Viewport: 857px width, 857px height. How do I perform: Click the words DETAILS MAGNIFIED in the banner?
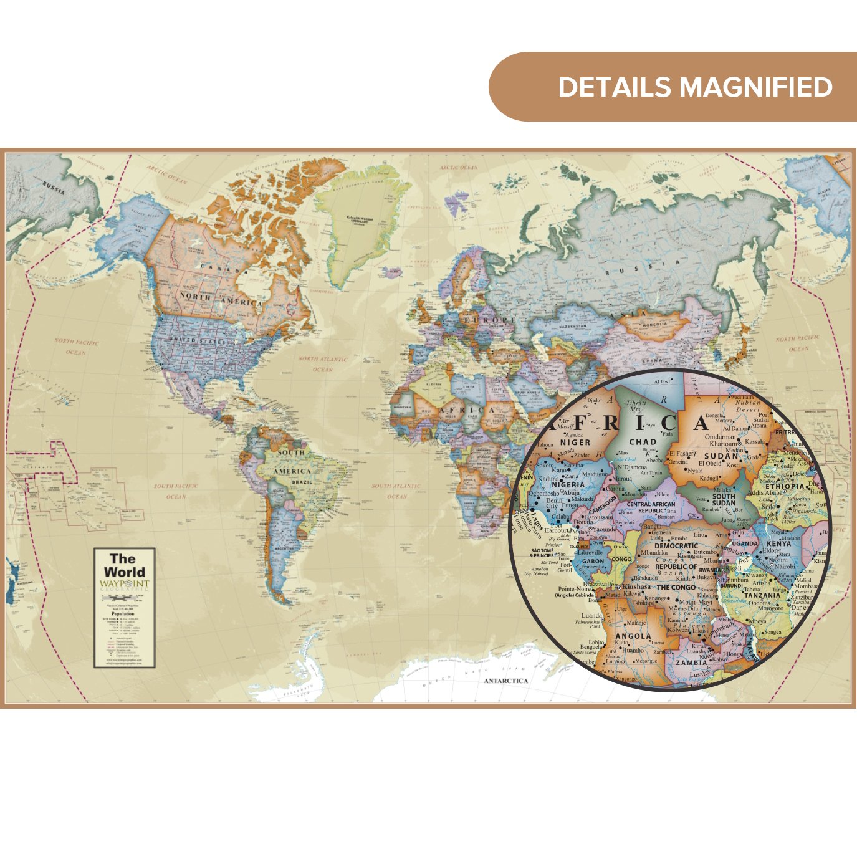[x=695, y=87]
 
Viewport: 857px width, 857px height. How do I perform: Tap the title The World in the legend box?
[x=125, y=565]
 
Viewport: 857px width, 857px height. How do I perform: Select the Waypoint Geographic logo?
[x=125, y=585]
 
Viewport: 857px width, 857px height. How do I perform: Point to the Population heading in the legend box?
[x=123, y=614]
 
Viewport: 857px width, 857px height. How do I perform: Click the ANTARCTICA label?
[x=505, y=681]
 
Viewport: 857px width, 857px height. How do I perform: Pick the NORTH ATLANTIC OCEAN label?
[x=322, y=364]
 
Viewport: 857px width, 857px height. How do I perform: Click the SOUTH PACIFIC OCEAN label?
[x=176, y=491]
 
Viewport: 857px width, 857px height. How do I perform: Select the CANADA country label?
[x=223, y=269]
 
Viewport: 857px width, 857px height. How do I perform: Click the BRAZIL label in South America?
[x=302, y=482]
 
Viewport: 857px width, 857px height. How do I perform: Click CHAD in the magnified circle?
[x=643, y=442]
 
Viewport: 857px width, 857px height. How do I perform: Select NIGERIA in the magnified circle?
[x=568, y=484]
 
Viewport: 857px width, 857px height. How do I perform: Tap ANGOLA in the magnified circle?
[x=633, y=636]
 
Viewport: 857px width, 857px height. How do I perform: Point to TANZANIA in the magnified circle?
[x=762, y=595]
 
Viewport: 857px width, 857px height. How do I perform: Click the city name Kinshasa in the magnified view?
[x=636, y=586]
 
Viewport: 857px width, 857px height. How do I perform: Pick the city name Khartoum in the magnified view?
[x=724, y=444]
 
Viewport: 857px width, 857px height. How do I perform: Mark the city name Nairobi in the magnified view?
[x=785, y=567]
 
